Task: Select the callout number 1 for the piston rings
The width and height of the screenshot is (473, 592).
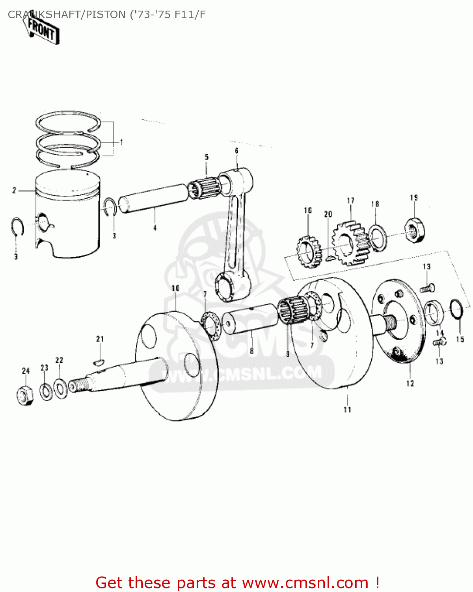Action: pyautogui.click(x=121, y=142)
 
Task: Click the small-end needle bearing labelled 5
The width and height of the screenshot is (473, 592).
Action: pyautogui.click(x=204, y=186)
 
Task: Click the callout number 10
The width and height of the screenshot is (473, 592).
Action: pyautogui.click(x=175, y=288)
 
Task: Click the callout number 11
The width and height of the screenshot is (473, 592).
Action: pyautogui.click(x=347, y=410)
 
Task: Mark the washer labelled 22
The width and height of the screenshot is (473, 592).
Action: pyautogui.click(x=60, y=388)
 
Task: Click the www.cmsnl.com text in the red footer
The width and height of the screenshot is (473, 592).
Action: pyautogui.click(x=305, y=583)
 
